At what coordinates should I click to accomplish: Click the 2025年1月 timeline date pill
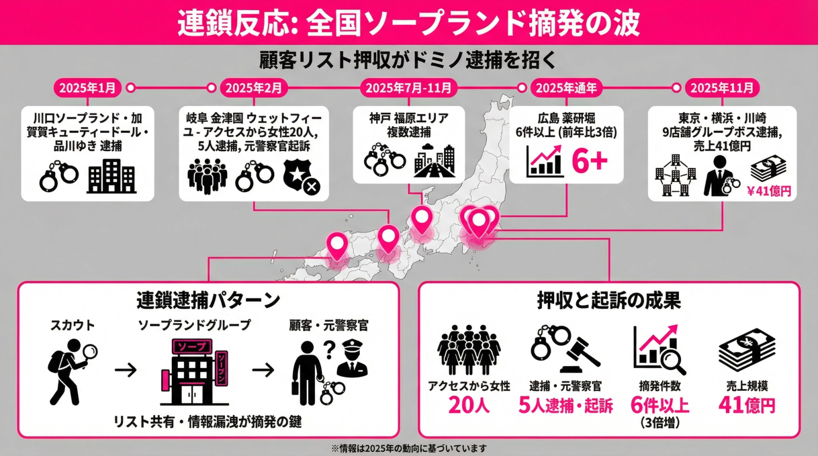[87, 88]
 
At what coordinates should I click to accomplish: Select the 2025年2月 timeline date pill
[254, 88]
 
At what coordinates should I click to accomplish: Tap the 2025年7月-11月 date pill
[408, 88]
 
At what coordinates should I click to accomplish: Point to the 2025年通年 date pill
[566, 88]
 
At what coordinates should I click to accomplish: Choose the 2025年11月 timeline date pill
[722, 88]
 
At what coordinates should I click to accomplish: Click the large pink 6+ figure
[589, 161]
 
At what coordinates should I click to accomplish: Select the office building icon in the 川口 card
[111, 176]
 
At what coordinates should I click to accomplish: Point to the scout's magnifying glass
[88, 352]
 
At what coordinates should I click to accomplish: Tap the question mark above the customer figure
[329, 350]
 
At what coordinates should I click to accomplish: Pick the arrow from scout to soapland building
[126, 369]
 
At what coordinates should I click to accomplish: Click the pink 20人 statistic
[469, 405]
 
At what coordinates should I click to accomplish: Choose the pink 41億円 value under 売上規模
[747, 405]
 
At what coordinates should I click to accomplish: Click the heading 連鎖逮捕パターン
[208, 300]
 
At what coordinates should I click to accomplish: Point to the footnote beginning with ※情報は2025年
[408, 448]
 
